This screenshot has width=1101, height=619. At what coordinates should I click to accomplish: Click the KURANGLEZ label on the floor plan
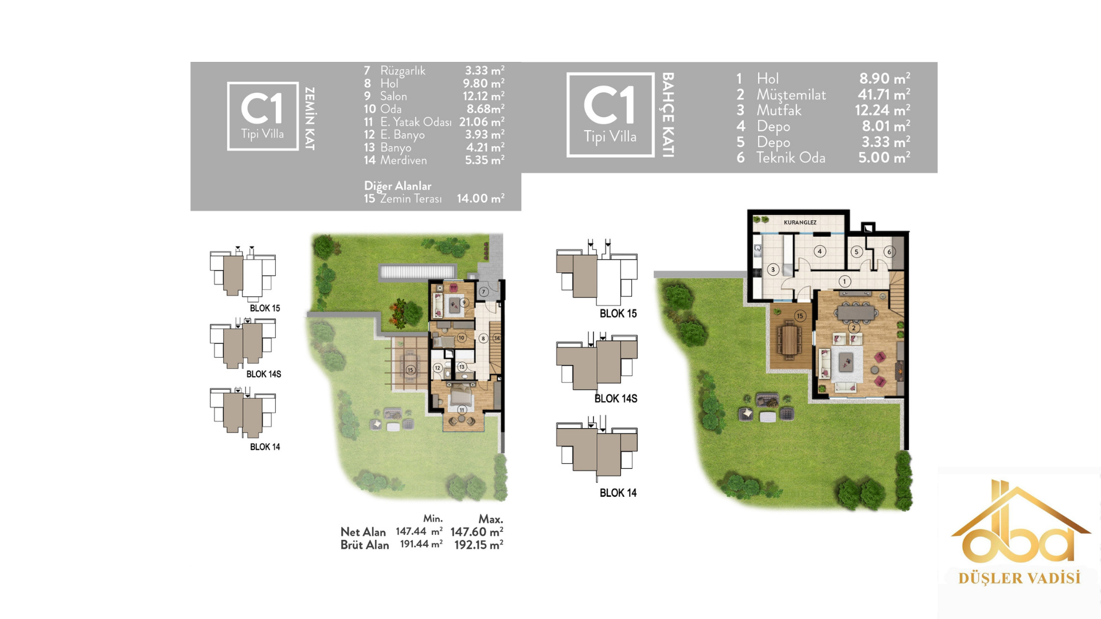(800, 222)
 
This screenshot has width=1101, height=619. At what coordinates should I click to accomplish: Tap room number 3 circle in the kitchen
(773, 269)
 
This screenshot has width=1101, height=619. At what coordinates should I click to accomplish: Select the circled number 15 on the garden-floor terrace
(800, 316)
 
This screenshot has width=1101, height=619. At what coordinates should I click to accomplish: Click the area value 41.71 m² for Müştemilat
(884, 94)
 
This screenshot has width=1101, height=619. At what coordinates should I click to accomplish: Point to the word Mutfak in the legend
(779, 110)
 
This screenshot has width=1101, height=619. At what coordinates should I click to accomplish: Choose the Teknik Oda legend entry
(791, 158)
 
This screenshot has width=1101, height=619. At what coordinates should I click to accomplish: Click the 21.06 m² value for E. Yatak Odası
(482, 122)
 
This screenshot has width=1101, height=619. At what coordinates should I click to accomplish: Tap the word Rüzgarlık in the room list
(403, 70)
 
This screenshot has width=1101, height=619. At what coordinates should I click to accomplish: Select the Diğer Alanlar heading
(397, 186)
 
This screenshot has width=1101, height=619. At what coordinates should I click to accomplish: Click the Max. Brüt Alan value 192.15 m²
(479, 545)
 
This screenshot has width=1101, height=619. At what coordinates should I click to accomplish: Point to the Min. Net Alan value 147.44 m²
(419, 531)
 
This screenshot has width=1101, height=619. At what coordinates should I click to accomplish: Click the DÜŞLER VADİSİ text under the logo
(1020, 578)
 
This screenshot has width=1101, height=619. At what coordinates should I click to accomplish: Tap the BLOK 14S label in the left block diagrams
(264, 374)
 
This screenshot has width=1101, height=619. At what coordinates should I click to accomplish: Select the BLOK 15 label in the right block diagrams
(618, 314)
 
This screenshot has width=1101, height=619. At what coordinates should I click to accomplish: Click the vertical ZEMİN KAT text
(310, 119)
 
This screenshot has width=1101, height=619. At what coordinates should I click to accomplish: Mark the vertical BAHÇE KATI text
(668, 115)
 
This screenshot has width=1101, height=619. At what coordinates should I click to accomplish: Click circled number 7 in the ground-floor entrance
(483, 292)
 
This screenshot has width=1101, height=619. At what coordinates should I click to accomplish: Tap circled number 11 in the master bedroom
(462, 410)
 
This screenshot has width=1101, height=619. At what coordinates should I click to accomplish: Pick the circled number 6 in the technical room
(889, 252)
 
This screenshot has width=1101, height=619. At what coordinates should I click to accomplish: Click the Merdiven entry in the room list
(404, 160)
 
